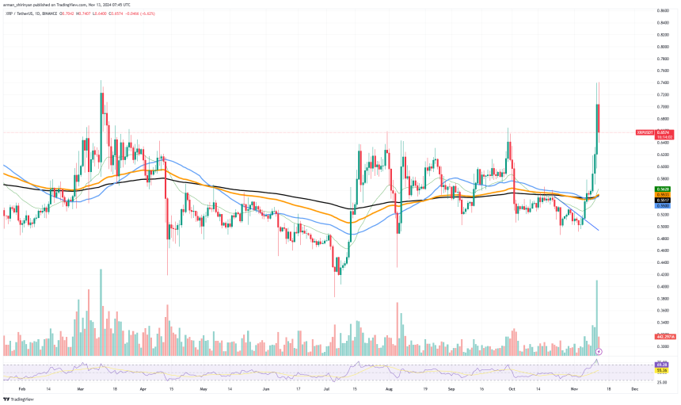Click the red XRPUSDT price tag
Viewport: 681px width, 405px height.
point(645,132)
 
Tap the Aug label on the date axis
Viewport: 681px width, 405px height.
point(388,390)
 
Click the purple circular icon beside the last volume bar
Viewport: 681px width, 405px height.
point(599,350)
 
